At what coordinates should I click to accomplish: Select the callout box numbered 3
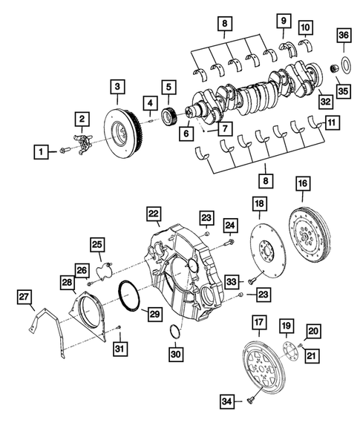point(117,88)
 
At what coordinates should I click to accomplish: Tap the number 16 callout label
point(302,183)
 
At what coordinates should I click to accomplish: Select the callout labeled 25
point(98,245)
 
